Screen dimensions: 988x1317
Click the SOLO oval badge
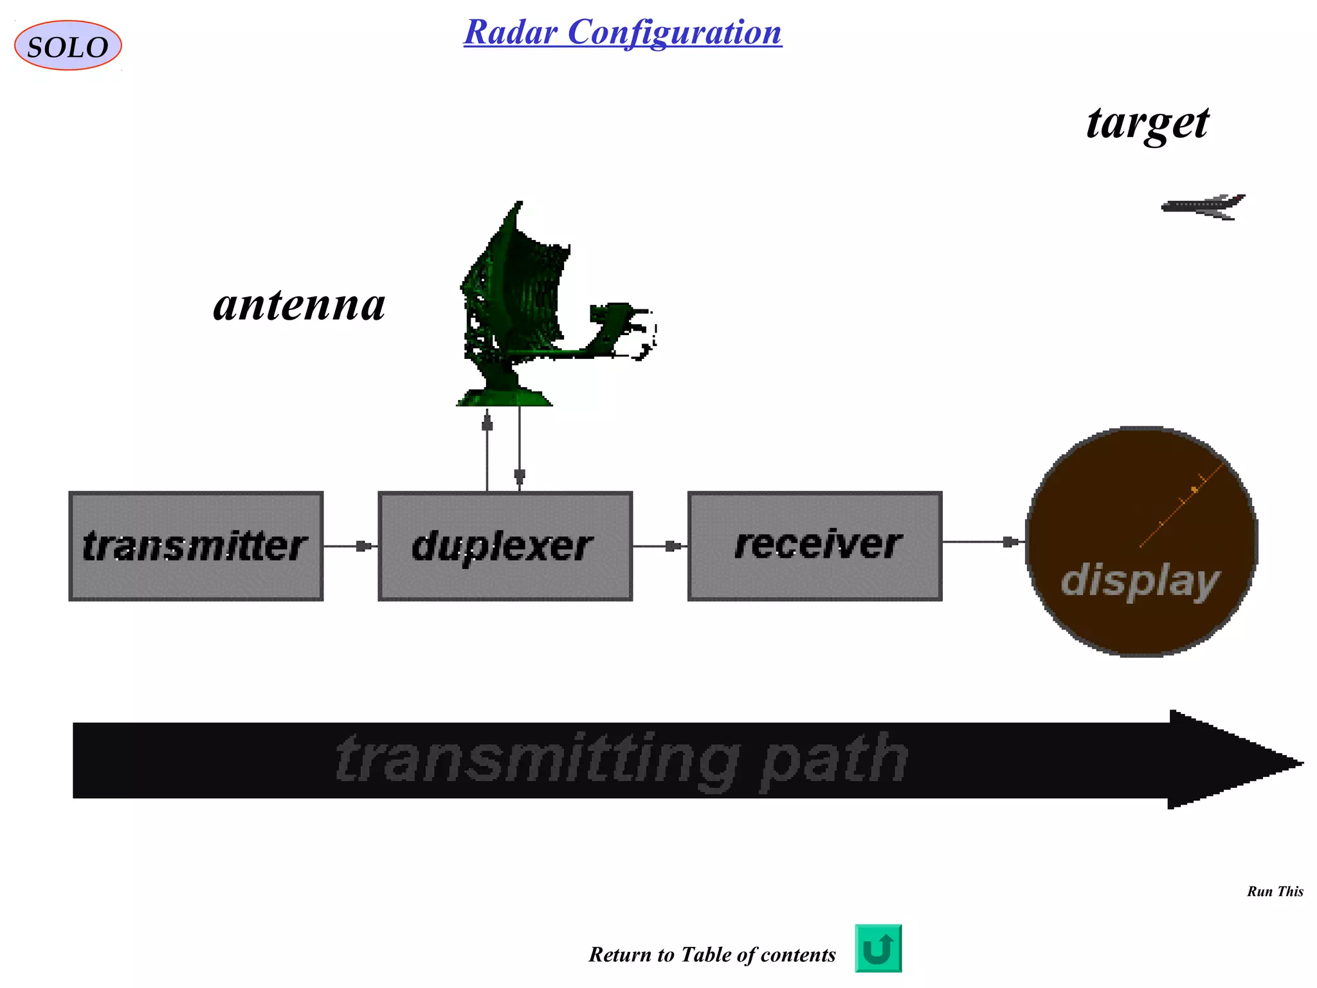(68, 46)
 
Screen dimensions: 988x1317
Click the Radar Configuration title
(622, 32)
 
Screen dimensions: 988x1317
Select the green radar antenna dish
(514, 289)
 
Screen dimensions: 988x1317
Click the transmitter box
(195, 546)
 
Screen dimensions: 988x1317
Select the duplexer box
(505, 546)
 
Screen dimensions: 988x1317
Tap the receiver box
(815, 546)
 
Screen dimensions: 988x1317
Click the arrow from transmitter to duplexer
(350, 546)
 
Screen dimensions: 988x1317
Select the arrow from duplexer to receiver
(660, 546)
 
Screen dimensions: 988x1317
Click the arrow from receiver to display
(984, 542)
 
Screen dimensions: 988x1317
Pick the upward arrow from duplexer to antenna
(487, 450)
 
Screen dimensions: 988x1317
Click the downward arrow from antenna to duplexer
(520, 450)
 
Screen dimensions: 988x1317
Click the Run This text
(1275, 892)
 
